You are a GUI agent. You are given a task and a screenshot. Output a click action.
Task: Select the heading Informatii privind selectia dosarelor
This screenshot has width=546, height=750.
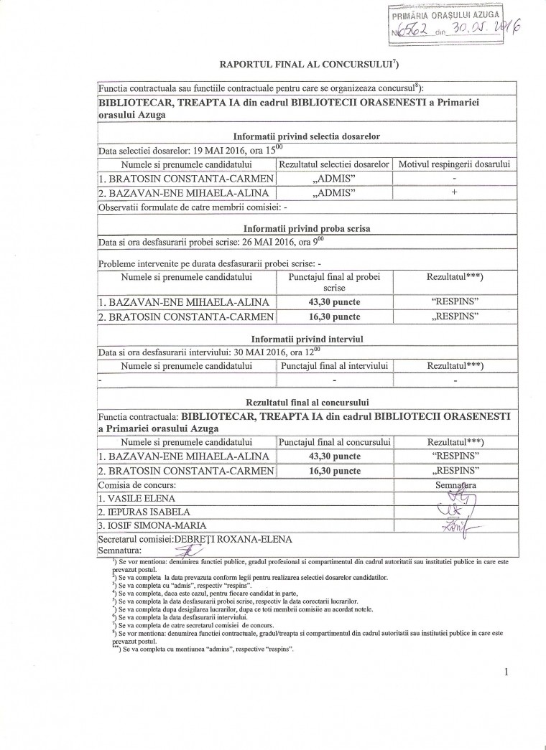point(306,136)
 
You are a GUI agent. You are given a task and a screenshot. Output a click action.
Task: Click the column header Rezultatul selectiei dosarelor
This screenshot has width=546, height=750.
point(334,164)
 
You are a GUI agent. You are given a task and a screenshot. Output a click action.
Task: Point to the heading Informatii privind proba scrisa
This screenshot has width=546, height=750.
point(306,228)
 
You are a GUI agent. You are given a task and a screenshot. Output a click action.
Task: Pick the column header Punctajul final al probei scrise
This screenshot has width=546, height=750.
point(334,281)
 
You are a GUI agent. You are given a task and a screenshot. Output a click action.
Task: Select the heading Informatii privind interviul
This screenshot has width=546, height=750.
point(306,339)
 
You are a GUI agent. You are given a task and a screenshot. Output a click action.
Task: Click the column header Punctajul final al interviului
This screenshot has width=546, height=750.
point(334,366)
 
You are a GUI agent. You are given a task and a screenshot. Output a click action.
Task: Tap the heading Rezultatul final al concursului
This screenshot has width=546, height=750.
point(306,403)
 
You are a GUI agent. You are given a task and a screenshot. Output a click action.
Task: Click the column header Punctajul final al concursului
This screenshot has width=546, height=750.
point(334,442)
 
